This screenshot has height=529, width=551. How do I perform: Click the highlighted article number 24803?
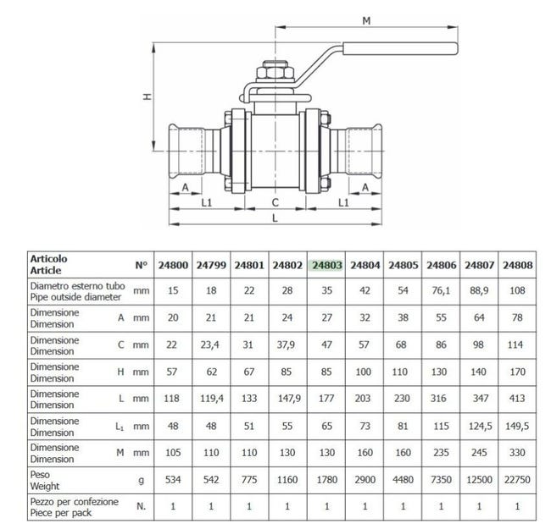point(327,265)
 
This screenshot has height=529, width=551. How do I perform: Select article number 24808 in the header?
point(517,265)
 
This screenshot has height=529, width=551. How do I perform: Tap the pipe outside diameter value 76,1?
point(442,290)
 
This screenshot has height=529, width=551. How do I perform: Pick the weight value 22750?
point(517,479)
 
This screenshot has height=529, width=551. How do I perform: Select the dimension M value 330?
point(517,453)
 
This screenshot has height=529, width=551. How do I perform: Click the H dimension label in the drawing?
point(147,96)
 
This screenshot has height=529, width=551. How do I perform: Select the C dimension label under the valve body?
point(275,201)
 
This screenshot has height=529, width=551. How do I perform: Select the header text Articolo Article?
point(48,264)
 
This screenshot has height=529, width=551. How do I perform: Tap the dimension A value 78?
point(517,317)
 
